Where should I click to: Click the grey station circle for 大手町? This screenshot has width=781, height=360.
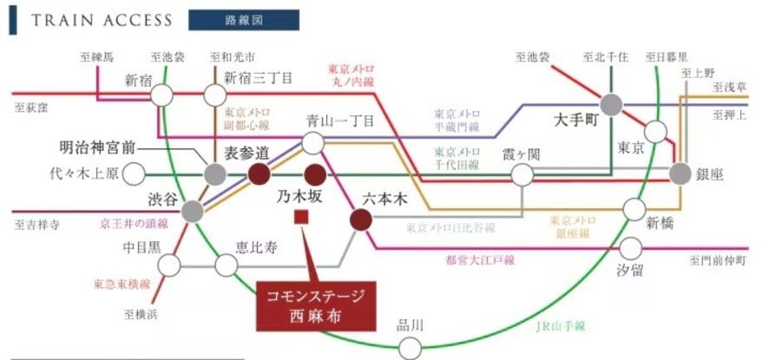612,105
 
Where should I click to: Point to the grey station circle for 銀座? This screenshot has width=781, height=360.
680,173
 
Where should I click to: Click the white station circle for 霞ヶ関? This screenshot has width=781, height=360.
522,175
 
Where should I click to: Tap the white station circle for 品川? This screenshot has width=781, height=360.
409,349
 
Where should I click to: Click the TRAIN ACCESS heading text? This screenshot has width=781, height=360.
102,20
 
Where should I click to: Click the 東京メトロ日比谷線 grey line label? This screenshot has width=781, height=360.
450,228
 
